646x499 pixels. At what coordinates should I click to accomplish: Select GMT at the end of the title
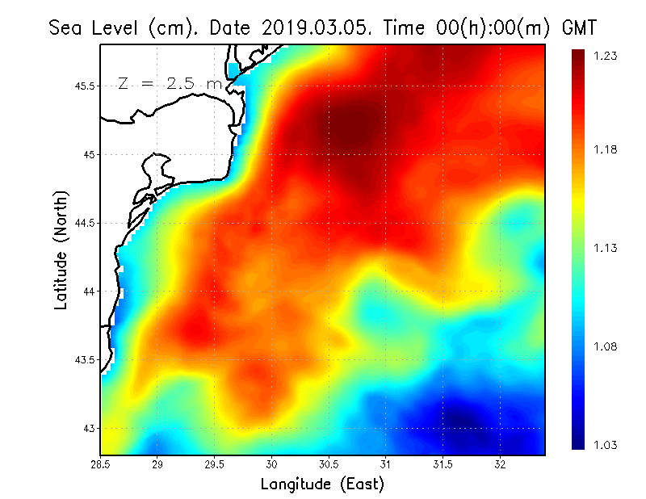pyautogui.click(x=579, y=27)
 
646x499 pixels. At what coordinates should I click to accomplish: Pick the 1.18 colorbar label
pyautogui.click(x=606, y=149)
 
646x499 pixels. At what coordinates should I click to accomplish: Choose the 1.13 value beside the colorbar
pyautogui.click(x=606, y=248)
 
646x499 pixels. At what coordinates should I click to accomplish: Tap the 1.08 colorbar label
pyautogui.click(x=606, y=347)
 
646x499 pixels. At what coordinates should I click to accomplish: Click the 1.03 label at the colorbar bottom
pyautogui.click(x=606, y=445)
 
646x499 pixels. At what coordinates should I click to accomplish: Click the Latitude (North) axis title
pyautogui.click(x=61, y=250)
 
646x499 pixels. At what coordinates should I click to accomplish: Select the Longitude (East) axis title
pyautogui.click(x=322, y=484)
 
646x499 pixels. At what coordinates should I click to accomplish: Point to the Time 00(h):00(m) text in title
pyautogui.click(x=464, y=27)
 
